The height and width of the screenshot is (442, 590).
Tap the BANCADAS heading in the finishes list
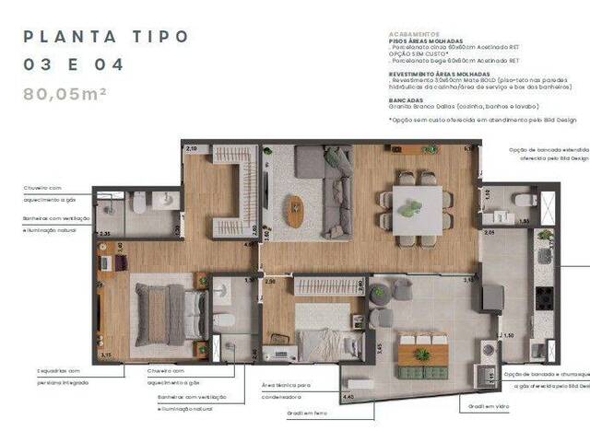(x=407, y=99)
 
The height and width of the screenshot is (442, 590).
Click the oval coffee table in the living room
(x=294, y=211)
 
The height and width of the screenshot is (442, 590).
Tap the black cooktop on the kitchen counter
(x=544, y=297)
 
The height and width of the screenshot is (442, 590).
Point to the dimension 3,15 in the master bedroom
(x=106, y=355)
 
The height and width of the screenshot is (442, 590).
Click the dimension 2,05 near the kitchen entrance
(x=490, y=233)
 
